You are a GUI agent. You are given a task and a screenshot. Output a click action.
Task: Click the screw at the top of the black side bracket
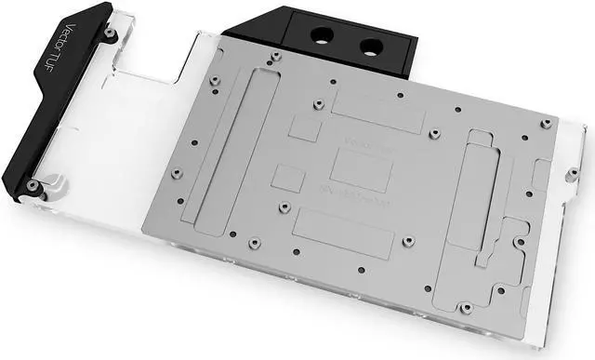point(111,33)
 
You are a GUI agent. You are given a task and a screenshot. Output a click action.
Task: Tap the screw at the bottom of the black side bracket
point(34,186)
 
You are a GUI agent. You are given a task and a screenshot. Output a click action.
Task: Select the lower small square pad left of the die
point(289,178)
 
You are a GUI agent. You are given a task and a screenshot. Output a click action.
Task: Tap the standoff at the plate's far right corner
point(547,124)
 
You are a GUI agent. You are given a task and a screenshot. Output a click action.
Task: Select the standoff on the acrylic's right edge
point(571,172)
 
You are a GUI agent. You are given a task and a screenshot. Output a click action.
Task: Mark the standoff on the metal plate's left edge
point(177,173)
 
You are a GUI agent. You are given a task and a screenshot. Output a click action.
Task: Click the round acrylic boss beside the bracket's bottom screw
point(53,182)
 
